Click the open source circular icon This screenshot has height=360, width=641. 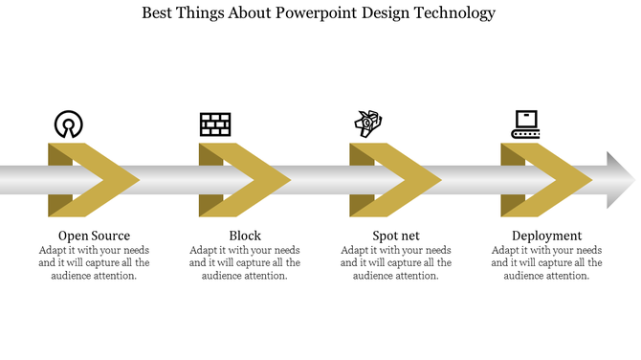tap(68, 124)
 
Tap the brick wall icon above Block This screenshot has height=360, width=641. tap(215, 124)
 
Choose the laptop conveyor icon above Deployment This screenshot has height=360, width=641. tap(525, 124)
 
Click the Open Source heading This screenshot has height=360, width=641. tap(94, 236)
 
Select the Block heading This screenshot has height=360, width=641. tap(245, 236)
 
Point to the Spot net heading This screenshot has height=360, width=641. tap(396, 236)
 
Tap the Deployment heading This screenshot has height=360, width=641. tap(546, 236)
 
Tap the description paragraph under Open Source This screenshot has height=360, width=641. tap(94, 263)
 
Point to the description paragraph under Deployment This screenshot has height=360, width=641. tap(546, 263)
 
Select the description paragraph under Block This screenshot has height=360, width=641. tap(245, 263)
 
